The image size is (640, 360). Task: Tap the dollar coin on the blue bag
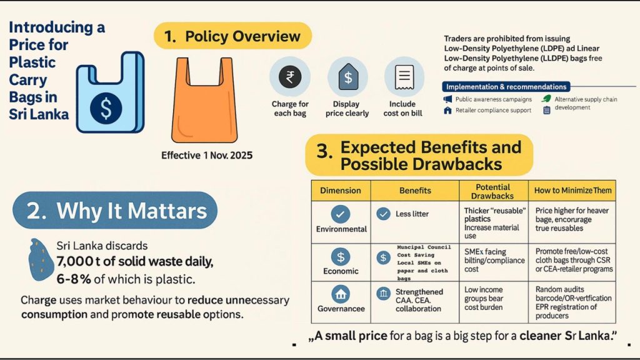pyautogui.click(x=106, y=107)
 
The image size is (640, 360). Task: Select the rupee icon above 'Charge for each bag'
pyautogui.click(x=289, y=77)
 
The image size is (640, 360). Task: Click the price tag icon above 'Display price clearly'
pyautogui.click(x=347, y=77)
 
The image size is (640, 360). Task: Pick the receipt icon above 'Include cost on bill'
pyautogui.click(x=403, y=77)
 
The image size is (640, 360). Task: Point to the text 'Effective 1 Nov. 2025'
pyautogui.click(x=207, y=155)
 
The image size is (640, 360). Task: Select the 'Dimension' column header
pyautogui.click(x=340, y=190)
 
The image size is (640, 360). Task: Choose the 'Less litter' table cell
pyautogui.click(x=412, y=214)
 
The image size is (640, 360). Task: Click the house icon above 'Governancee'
pyautogui.click(x=341, y=293)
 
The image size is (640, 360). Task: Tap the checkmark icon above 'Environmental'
pyautogui.click(x=341, y=214)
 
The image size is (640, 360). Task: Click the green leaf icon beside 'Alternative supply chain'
pyautogui.click(x=546, y=99)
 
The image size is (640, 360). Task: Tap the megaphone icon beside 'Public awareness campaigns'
pyautogui.click(x=447, y=99)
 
